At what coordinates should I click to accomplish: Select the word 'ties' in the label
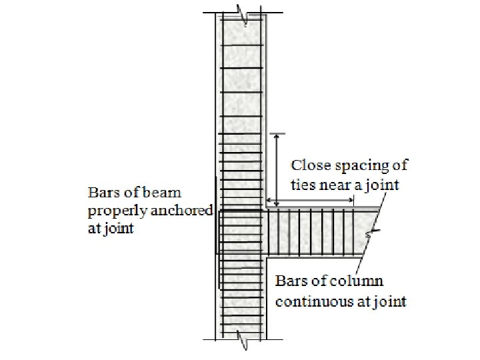pos(303,184)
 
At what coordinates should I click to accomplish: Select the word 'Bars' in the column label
pos(291,281)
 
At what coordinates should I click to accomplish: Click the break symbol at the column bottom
pos(244,343)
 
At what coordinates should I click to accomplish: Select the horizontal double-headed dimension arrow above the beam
pos(310,201)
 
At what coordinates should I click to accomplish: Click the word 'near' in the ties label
pos(334,184)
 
